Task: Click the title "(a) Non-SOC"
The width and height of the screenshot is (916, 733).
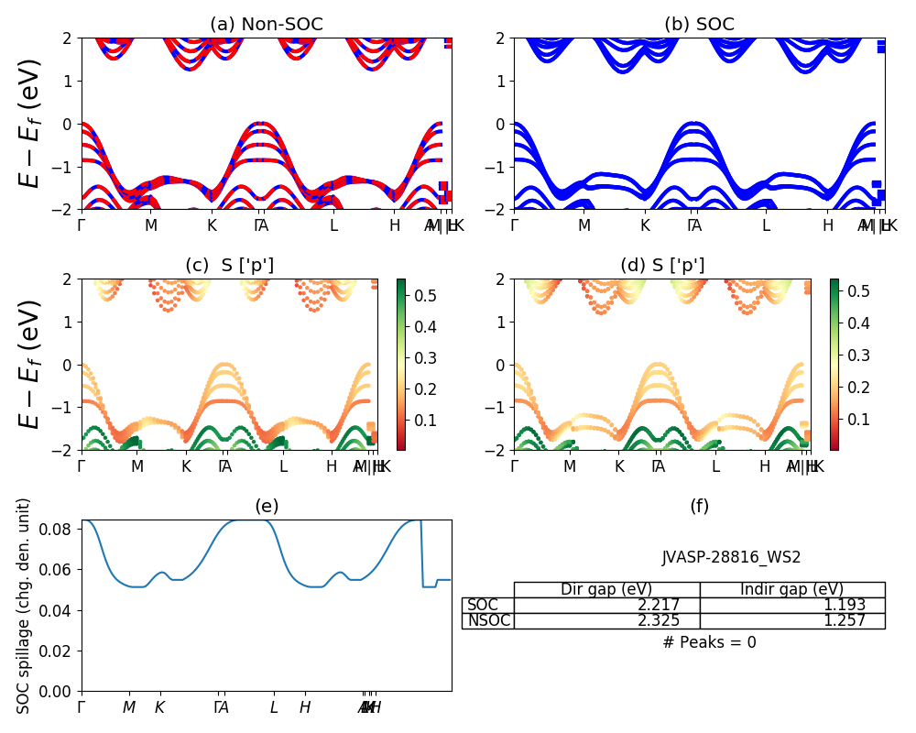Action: click(x=266, y=25)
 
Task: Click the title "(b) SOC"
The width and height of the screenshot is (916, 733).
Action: click(x=699, y=25)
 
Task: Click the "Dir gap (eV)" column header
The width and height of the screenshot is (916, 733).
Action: click(x=606, y=589)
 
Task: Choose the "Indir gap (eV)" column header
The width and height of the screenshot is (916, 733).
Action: click(x=791, y=589)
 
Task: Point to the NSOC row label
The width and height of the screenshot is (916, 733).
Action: click(x=488, y=621)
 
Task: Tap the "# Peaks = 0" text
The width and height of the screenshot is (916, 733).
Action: click(x=709, y=642)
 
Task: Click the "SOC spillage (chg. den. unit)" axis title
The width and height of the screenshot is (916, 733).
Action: click(x=24, y=606)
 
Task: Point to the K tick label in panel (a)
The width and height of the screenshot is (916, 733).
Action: click(x=212, y=225)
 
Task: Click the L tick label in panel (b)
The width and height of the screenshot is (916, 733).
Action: click(x=766, y=225)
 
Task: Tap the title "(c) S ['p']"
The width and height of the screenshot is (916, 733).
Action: click(x=229, y=266)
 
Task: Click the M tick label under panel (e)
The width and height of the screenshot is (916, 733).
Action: click(x=129, y=707)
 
